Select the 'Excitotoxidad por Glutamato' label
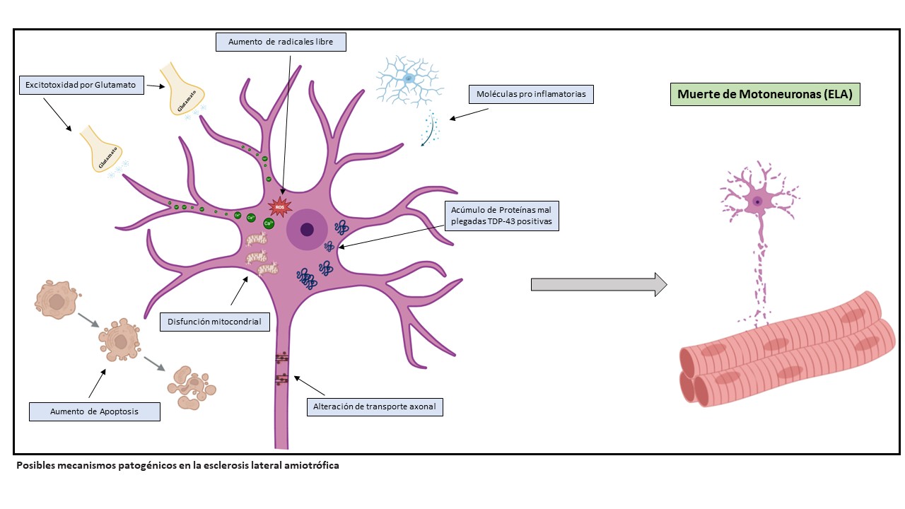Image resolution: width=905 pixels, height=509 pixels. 82,86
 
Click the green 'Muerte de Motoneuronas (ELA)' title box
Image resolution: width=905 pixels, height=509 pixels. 765,94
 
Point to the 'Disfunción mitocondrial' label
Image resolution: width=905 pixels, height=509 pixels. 214,322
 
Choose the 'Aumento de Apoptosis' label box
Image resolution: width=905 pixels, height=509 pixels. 94,411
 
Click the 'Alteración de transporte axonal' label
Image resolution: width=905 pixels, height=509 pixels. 375,406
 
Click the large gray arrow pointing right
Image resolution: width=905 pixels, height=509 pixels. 598,284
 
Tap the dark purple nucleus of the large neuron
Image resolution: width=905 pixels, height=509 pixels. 307,229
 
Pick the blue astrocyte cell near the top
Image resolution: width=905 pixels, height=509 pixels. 409,79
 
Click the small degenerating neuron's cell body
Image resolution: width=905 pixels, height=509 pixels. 757,201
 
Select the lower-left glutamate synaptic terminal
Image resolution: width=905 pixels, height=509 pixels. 103,150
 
